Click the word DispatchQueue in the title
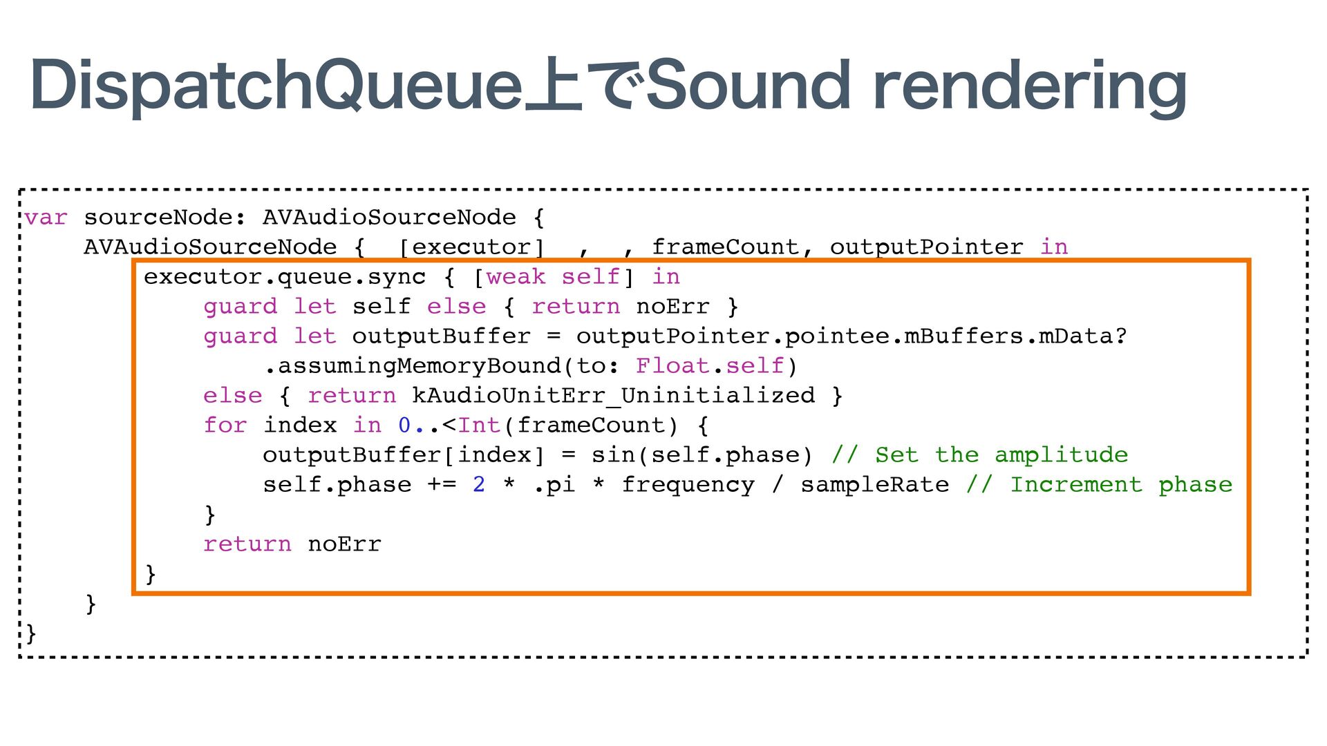point(276,86)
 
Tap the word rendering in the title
point(1030,86)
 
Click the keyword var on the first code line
point(46,218)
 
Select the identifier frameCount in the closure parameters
point(724,247)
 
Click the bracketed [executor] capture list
point(472,247)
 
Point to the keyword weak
point(516,277)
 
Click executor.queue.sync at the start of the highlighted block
point(285,277)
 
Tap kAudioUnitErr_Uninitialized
point(613,396)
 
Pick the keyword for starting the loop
point(225,425)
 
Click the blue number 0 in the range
point(404,425)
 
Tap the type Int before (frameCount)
point(479,425)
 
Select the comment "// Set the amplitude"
point(980,455)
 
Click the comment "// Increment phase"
point(1099,485)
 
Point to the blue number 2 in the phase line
point(479,485)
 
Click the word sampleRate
point(874,485)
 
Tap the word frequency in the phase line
point(688,485)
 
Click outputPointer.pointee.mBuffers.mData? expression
point(851,336)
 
